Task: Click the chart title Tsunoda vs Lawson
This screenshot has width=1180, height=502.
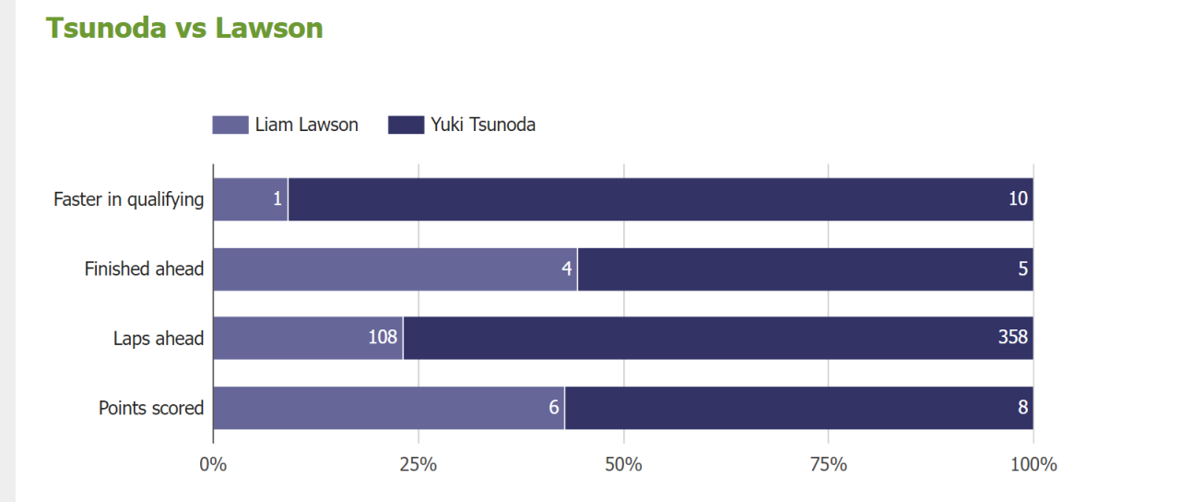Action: (184, 28)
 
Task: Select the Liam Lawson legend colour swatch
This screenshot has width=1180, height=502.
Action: (230, 125)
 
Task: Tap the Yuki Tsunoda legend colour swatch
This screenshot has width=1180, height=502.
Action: (406, 125)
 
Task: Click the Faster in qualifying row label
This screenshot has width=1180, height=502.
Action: (128, 199)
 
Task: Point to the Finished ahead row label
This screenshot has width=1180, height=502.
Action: (144, 269)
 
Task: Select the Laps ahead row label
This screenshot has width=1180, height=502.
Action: (158, 339)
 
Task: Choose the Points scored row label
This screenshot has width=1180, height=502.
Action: (151, 408)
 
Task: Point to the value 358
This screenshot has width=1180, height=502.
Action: (1012, 338)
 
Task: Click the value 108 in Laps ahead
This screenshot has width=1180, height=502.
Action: (383, 338)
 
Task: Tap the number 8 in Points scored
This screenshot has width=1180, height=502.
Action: (1022, 407)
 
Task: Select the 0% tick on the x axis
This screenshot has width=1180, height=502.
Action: (213, 464)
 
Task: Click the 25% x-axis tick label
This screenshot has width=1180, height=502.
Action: (419, 464)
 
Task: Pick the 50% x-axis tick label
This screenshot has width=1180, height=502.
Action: (623, 464)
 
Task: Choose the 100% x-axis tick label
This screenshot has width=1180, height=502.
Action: (1033, 464)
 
